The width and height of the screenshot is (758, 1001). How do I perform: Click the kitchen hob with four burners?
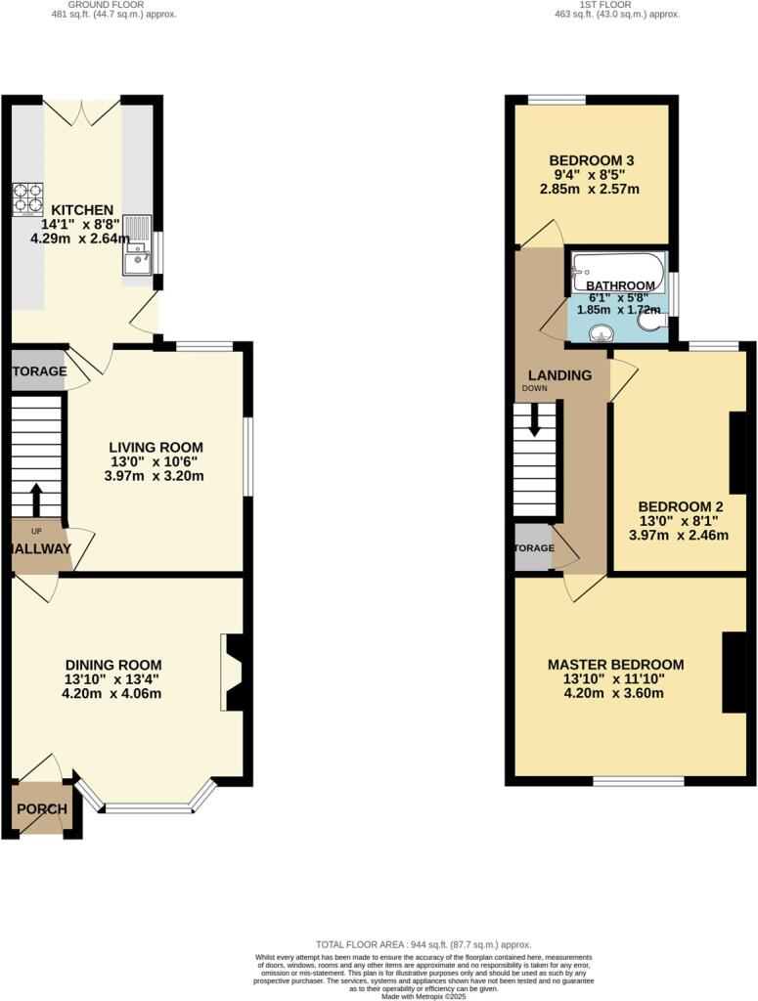click(27, 199)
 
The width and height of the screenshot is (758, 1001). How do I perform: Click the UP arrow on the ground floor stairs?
click(36, 500)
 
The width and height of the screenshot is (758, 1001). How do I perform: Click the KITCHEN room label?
click(82, 210)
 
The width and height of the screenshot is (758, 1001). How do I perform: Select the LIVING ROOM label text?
click(156, 447)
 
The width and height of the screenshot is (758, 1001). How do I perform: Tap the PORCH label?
click(42, 809)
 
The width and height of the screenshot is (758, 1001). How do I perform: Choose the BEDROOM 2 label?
click(680, 506)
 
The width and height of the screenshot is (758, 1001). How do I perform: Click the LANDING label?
click(559, 375)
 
